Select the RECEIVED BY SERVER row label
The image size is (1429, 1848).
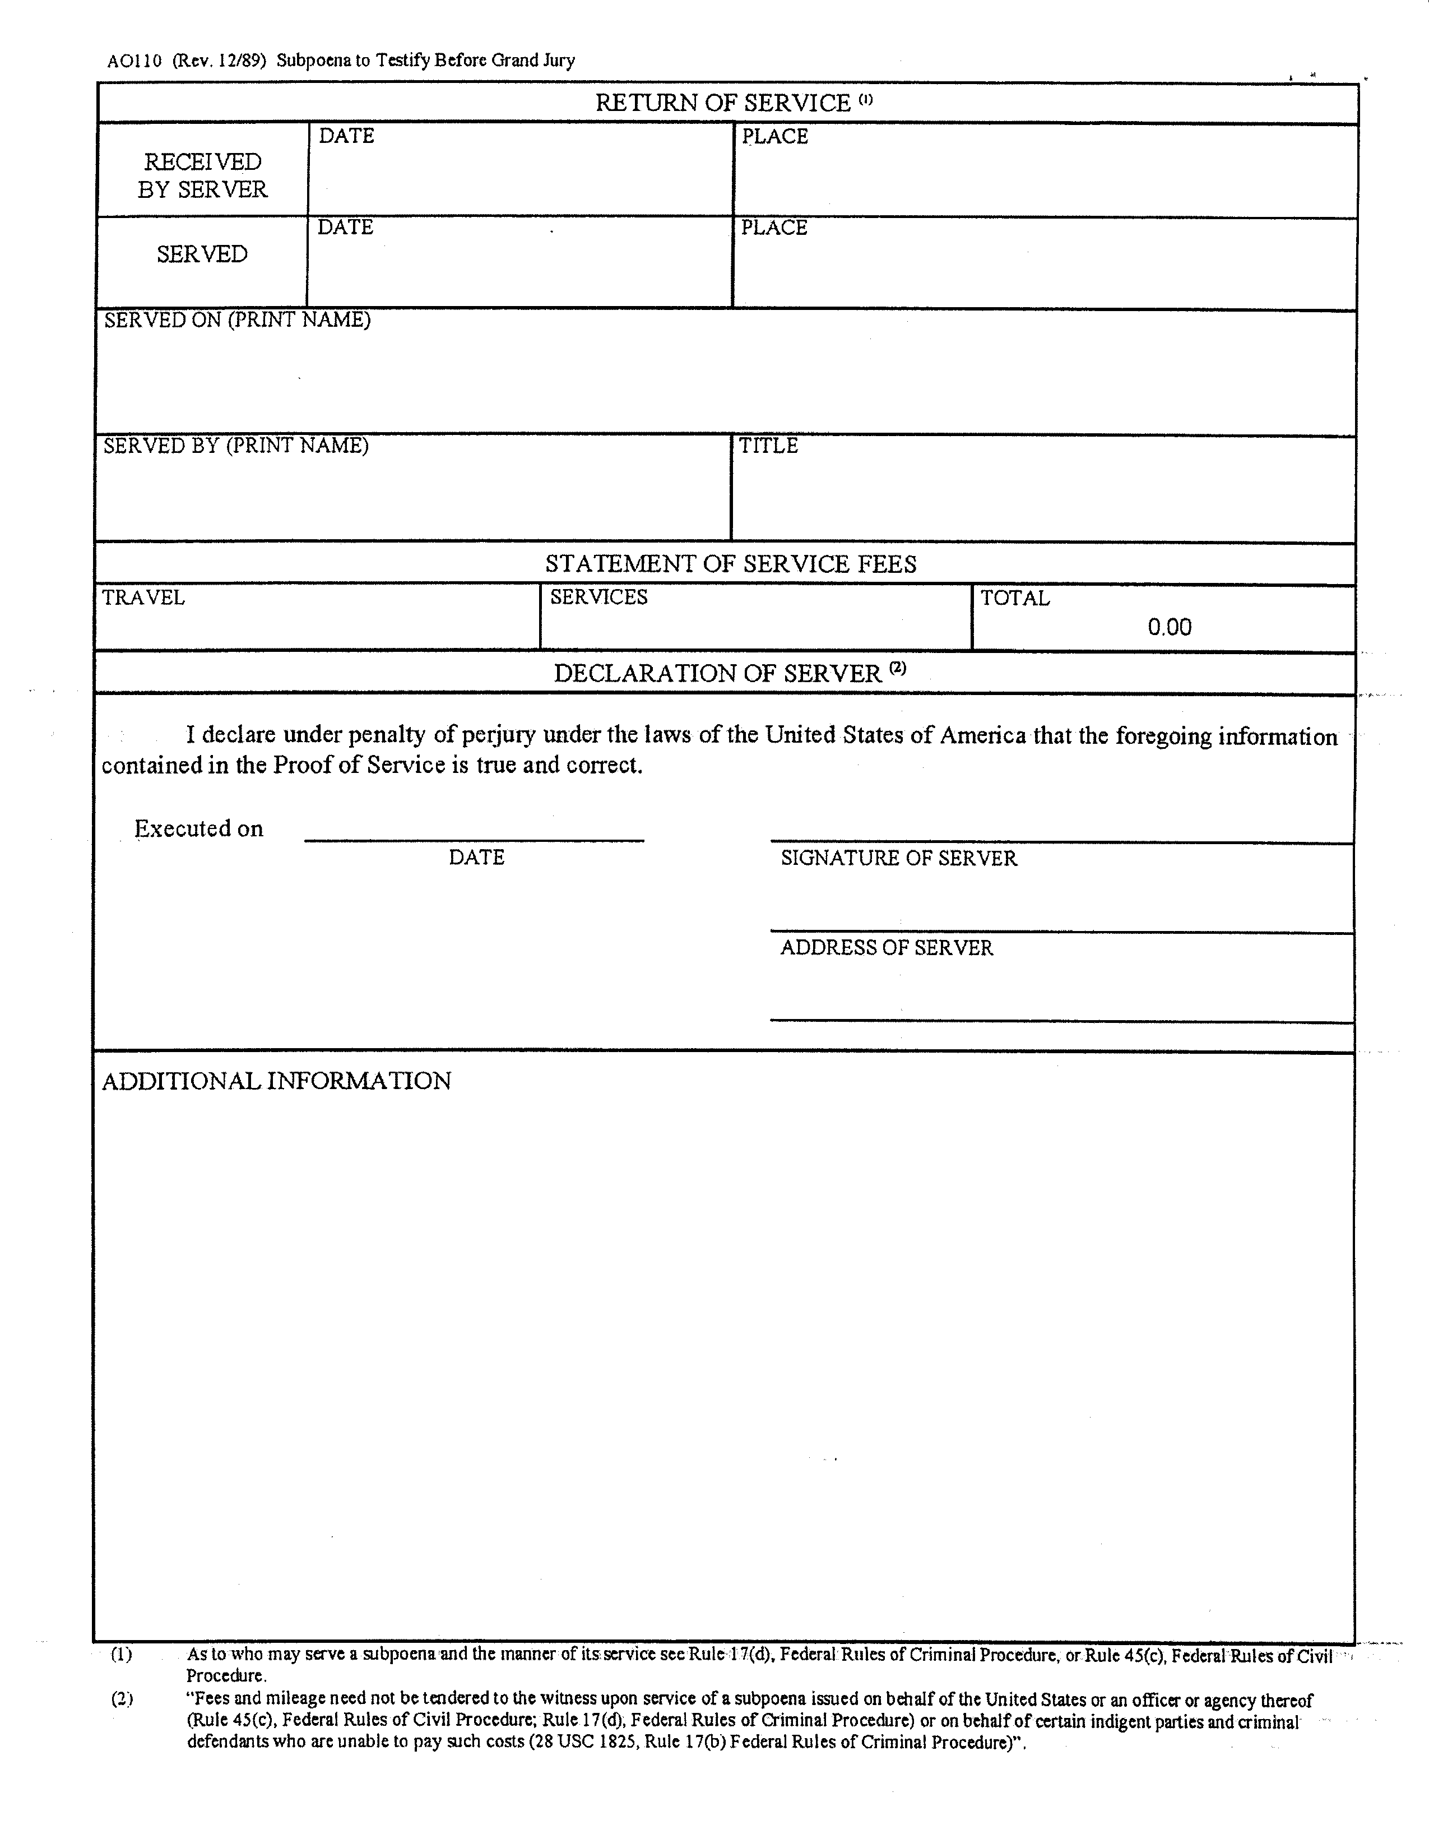click(202, 175)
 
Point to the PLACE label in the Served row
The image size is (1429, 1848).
click(774, 228)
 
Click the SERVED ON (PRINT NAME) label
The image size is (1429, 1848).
click(237, 320)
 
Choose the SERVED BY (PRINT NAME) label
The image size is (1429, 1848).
click(235, 446)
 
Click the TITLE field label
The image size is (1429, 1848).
click(768, 446)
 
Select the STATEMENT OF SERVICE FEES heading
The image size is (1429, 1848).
click(730, 564)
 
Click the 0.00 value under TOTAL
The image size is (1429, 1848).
click(1170, 627)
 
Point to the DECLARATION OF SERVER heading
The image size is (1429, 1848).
click(717, 674)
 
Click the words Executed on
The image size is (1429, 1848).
click(199, 828)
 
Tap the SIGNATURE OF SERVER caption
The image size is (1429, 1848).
click(898, 858)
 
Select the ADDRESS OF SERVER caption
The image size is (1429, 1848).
click(886, 948)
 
